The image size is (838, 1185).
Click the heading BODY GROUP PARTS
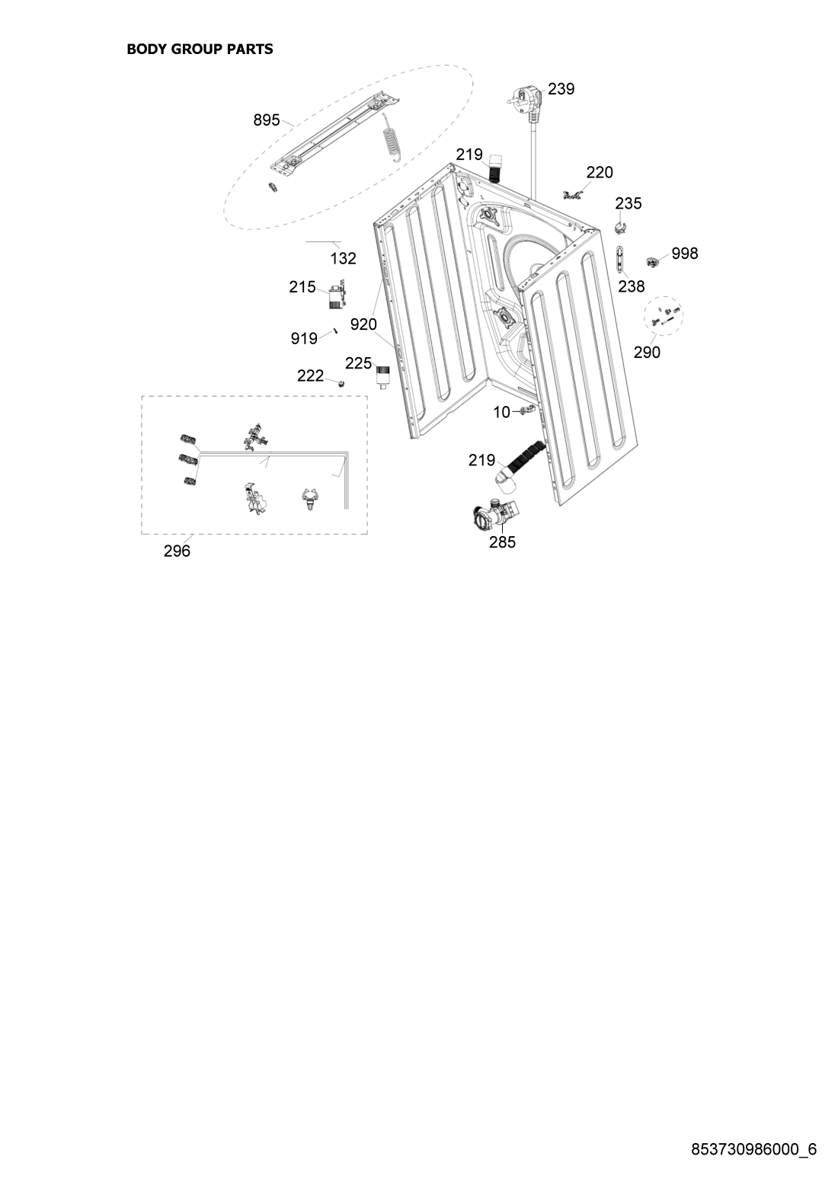point(200,50)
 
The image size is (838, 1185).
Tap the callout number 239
point(561,89)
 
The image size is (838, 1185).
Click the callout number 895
point(267,120)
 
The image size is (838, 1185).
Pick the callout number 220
point(600,172)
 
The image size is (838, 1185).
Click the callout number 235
point(628,203)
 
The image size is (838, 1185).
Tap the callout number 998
point(685,254)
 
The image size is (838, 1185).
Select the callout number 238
point(632,286)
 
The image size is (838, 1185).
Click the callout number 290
point(647,352)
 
